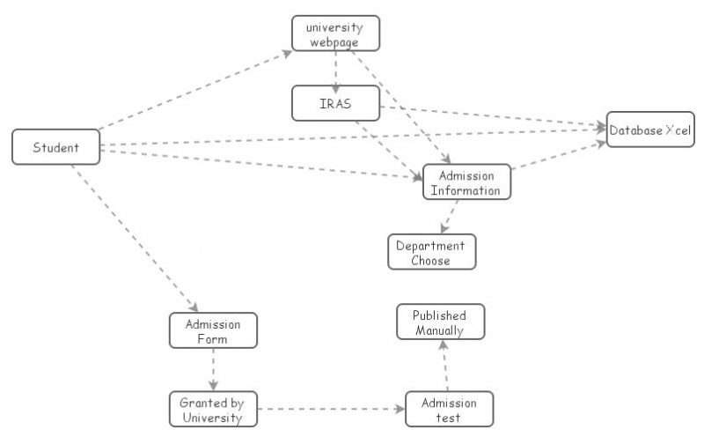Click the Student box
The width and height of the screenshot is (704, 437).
[x=55, y=147]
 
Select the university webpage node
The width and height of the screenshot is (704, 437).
[x=335, y=33]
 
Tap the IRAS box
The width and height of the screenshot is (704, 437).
[x=335, y=103]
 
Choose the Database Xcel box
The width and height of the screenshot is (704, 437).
[x=650, y=130]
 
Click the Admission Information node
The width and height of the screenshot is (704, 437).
[x=466, y=182]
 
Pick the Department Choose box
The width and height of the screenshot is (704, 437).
[x=431, y=252]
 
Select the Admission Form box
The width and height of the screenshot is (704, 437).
[x=212, y=330]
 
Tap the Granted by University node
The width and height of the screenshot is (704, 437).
[x=212, y=410]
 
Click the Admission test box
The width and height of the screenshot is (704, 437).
[x=449, y=410]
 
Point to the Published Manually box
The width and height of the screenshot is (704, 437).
[x=440, y=322]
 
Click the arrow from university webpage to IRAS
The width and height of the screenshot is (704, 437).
[x=335, y=69]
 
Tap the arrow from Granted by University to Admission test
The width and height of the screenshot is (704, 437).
[x=330, y=410]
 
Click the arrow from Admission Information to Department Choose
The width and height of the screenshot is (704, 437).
[x=451, y=217]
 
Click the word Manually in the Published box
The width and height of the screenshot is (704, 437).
[x=440, y=330]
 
